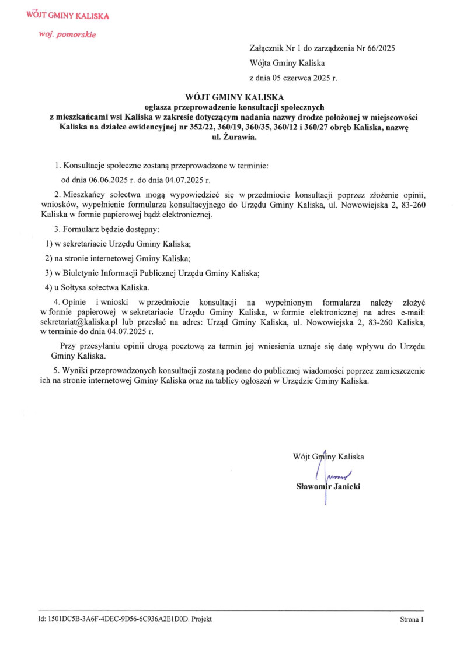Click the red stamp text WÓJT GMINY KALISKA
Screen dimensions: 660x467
click(68, 16)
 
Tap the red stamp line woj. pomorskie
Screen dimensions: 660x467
click(67, 34)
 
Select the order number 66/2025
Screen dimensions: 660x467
click(380, 48)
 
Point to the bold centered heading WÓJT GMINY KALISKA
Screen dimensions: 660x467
click(233, 98)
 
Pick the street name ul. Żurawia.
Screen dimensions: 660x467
click(233, 138)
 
